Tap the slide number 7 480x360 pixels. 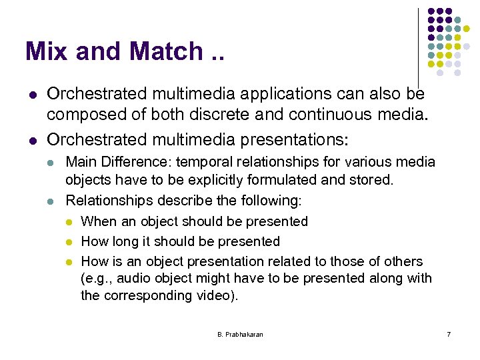click(x=449, y=334)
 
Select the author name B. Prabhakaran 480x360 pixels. click(x=240, y=334)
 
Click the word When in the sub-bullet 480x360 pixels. click(x=97, y=221)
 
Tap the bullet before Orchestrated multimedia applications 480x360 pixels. click(x=29, y=95)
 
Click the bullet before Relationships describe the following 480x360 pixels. click(x=53, y=201)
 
